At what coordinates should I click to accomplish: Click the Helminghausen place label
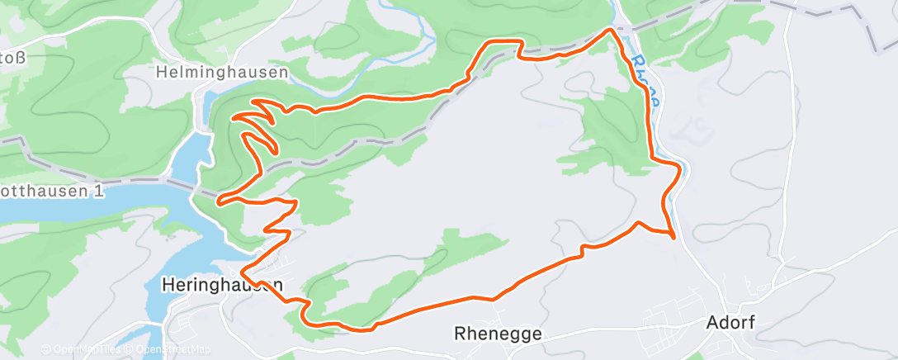point(222,73)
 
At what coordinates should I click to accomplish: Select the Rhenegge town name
point(498,334)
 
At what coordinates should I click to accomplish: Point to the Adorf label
point(731,321)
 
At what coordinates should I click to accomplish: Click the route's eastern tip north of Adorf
point(674,238)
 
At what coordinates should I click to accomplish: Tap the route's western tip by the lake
point(219,199)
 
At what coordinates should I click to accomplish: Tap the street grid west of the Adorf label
point(669,318)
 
